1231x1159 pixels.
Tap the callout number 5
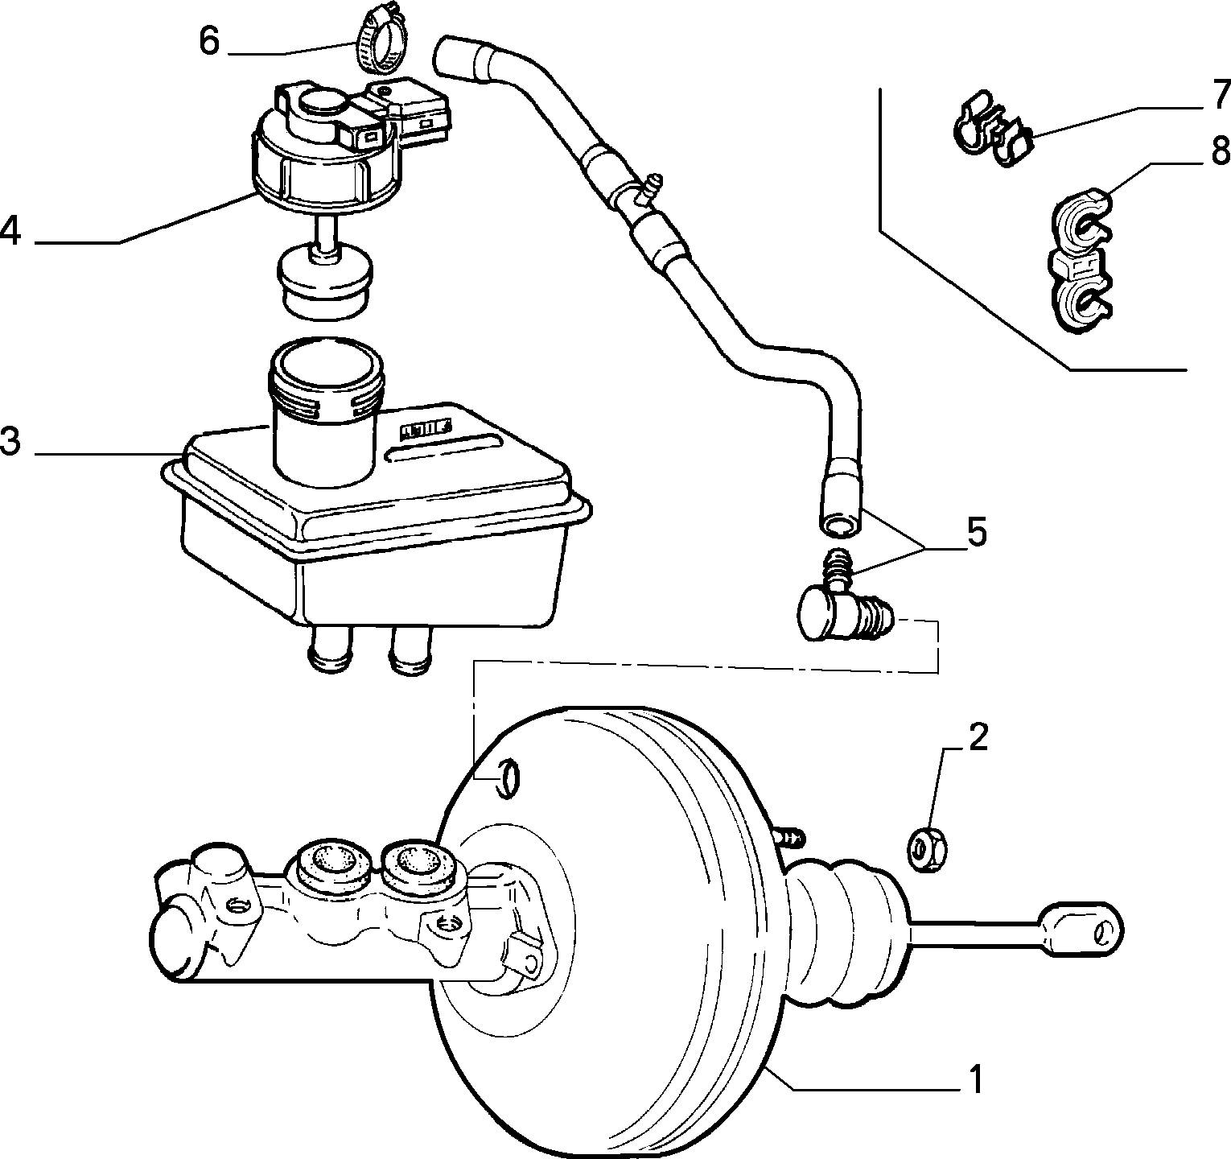[x=976, y=533]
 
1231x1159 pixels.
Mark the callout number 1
[x=976, y=1080]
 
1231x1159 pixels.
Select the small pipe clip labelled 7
[x=990, y=126]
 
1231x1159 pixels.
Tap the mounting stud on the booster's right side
[x=790, y=835]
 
